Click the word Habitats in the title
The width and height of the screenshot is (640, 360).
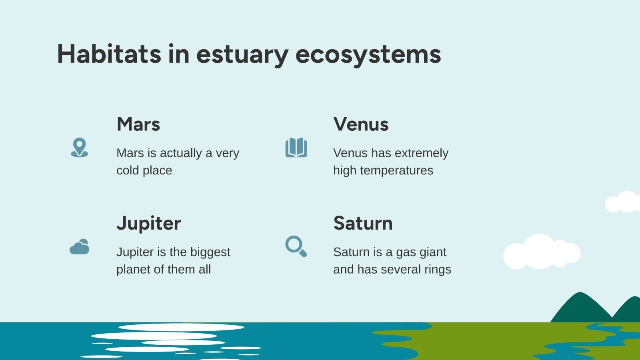(x=109, y=54)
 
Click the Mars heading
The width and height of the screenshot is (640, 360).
(x=138, y=124)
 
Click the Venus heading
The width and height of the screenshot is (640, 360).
(x=361, y=124)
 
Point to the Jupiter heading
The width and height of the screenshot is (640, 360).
(x=148, y=224)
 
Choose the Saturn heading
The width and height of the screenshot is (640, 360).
(x=363, y=223)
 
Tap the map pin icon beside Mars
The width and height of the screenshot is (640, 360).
(x=79, y=147)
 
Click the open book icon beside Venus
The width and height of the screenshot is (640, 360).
(x=296, y=148)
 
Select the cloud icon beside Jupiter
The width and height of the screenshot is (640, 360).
(x=79, y=247)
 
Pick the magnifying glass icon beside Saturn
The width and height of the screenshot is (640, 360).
(x=296, y=246)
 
